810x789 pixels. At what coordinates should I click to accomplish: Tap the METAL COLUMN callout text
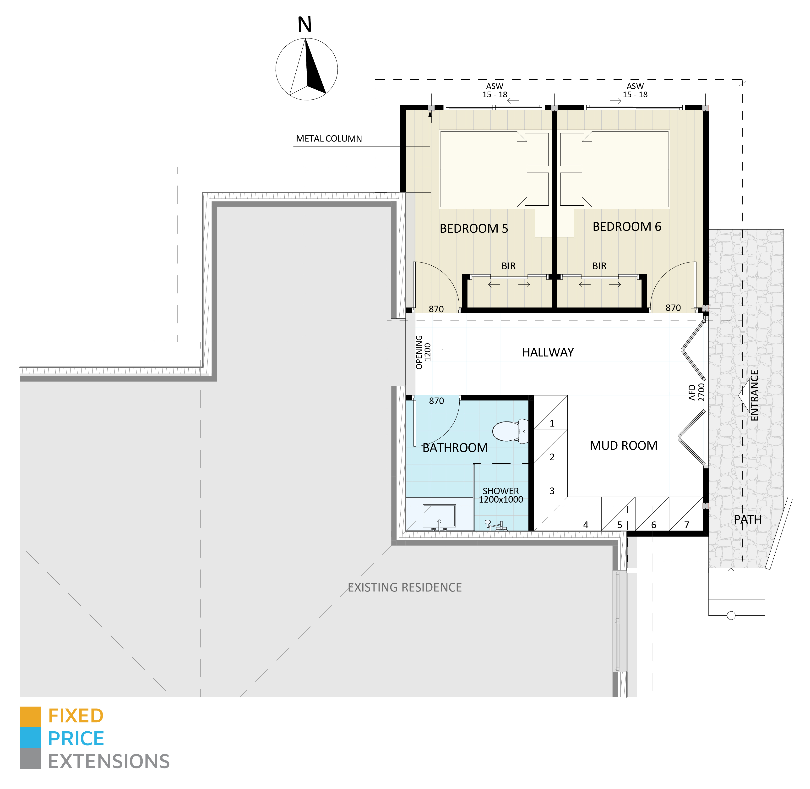329,139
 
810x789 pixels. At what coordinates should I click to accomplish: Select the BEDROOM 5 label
473,229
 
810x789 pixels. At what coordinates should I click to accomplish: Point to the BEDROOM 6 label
626,227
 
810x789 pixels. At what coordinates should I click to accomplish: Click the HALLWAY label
548,353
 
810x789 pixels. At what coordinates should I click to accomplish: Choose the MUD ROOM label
623,446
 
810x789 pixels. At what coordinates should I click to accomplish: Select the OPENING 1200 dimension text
423,352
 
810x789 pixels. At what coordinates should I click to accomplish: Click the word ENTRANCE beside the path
755,396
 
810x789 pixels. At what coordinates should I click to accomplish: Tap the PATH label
747,520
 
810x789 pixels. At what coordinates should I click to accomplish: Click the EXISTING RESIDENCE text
404,588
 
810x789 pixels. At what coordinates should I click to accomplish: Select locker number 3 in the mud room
552,491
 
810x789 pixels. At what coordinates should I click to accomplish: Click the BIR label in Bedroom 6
599,266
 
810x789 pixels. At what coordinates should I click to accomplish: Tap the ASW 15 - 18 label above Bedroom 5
495,90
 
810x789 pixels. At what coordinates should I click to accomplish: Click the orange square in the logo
30,717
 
